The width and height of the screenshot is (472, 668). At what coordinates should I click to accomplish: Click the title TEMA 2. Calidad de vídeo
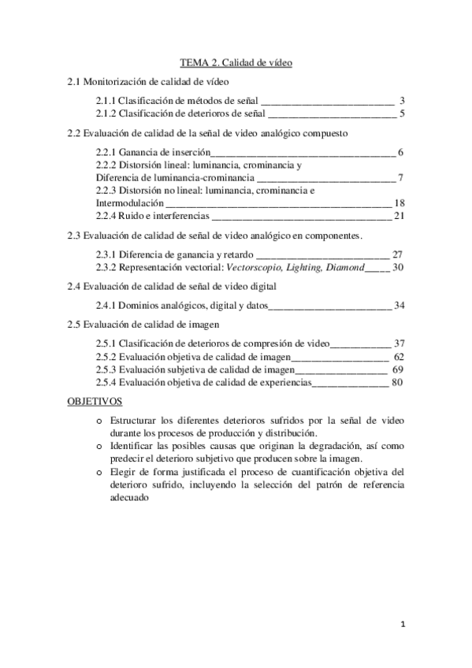pos(236,63)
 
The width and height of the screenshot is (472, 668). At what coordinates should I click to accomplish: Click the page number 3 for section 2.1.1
pos(402,101)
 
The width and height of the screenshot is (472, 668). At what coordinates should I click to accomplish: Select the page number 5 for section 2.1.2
pos(402,114)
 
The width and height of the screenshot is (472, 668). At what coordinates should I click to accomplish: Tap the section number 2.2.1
pos(106,152)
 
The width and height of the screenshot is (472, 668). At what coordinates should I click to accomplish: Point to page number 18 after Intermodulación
pos(399,202)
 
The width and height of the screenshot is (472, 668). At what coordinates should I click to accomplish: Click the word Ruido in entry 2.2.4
pos(131,215)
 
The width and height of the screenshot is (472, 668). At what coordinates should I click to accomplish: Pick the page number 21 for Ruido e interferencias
pos(399,215)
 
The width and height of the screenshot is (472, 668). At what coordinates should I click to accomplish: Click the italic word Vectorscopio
pos(252,267)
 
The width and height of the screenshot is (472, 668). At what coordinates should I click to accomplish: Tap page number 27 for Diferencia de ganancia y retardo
pos(398,254)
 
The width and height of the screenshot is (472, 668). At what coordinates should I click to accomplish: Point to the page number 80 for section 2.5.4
pos(397,382)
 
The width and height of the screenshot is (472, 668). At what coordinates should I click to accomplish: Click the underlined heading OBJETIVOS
pos(92,402)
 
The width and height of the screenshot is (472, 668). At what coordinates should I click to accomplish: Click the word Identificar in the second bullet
pos(134,446)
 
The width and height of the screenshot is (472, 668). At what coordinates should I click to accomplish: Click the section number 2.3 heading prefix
pos(74,235)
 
